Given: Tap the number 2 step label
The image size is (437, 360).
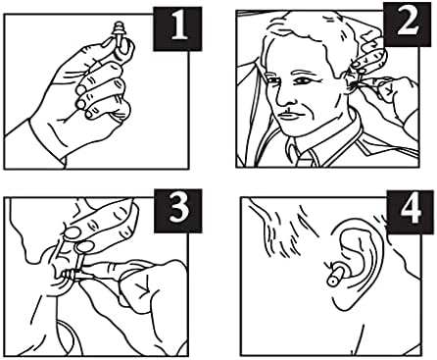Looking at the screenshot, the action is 408,24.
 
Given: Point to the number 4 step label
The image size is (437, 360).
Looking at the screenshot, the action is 410,211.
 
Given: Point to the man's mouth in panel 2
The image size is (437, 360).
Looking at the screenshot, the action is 292,116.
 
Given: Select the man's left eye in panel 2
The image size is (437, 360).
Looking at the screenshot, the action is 302,80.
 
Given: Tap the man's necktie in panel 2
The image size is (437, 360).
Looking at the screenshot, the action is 304,159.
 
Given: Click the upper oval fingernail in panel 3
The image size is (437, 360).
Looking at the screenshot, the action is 73,232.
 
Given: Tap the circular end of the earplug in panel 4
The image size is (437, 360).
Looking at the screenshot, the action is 332,281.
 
